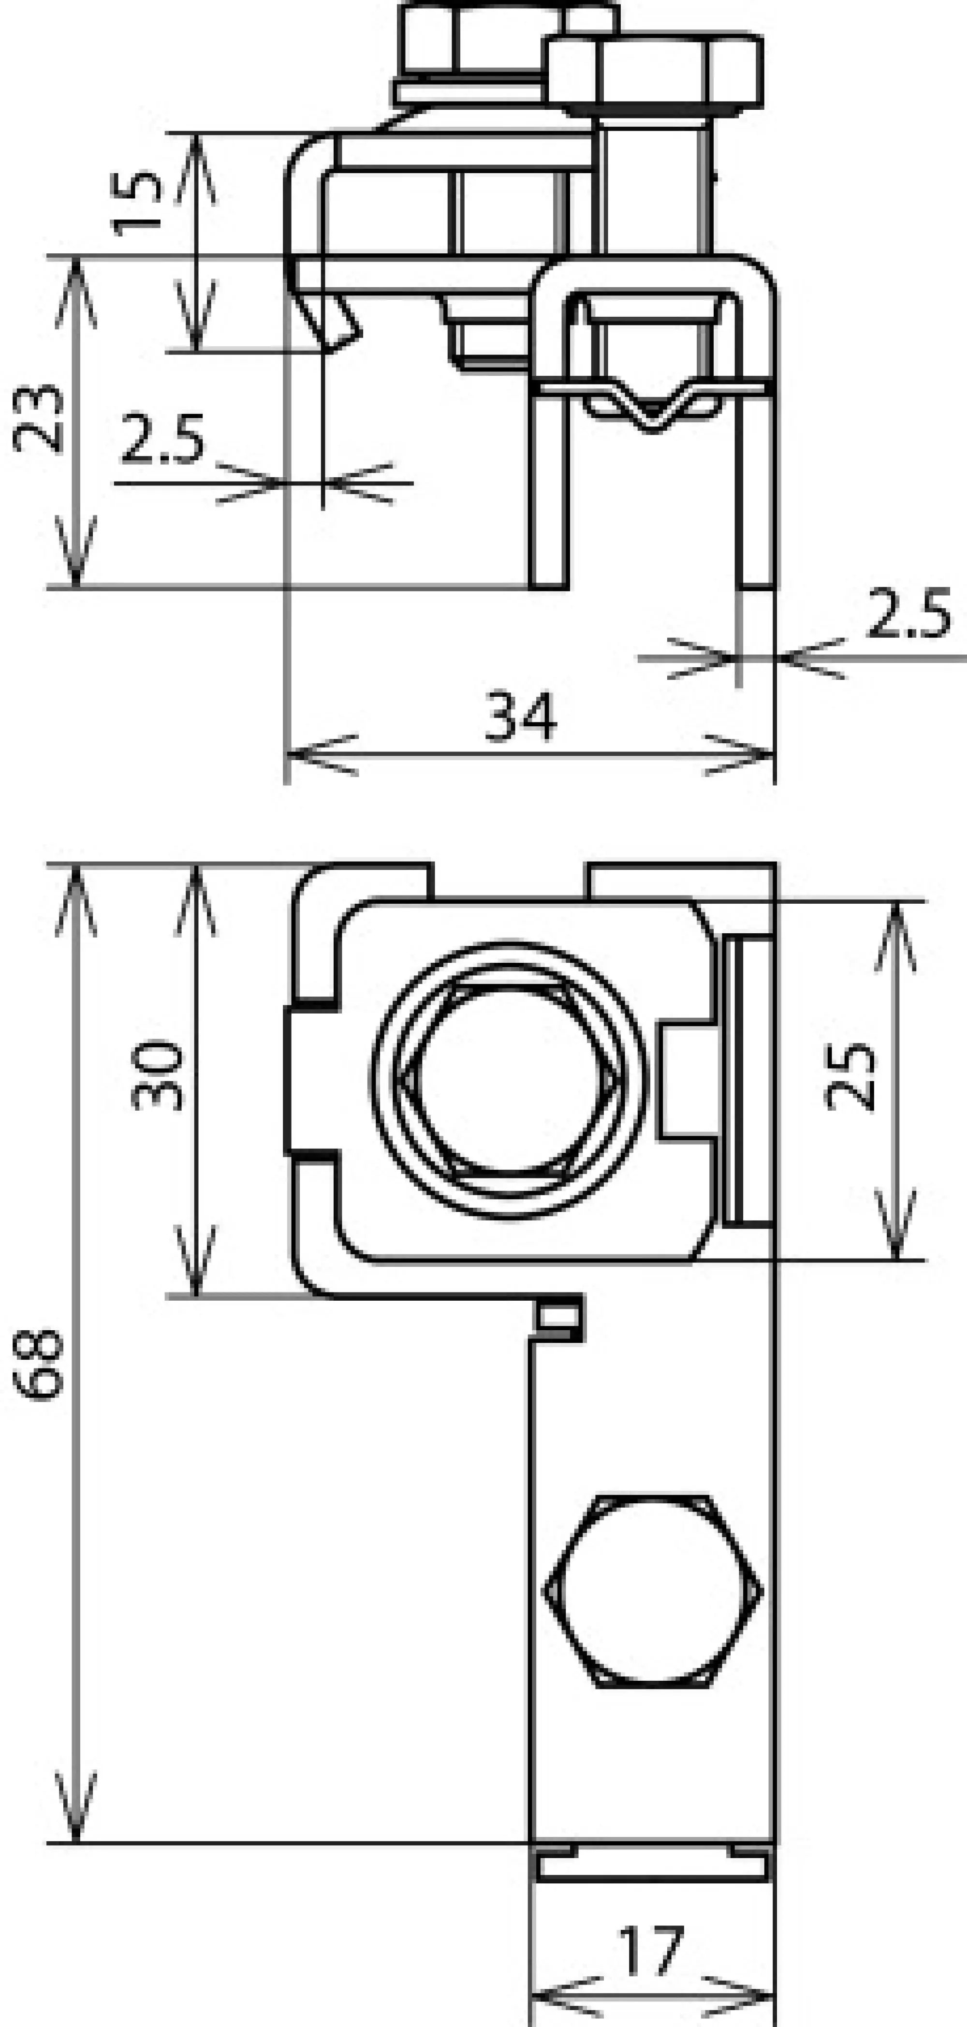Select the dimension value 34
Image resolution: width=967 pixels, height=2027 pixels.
click(x=520, y=717)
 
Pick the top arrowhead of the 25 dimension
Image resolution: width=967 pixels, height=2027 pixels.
click(x=896, y=913)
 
